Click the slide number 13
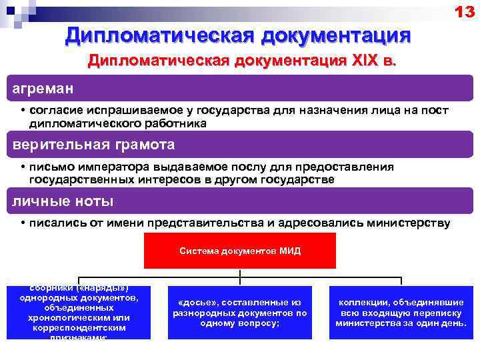click(x=465, y=11)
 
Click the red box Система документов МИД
click(x=240, y=251)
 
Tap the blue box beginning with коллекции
click(x=401, y=312)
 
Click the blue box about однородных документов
click(x=78, y=312)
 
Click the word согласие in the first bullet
click(x=57, y=110)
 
